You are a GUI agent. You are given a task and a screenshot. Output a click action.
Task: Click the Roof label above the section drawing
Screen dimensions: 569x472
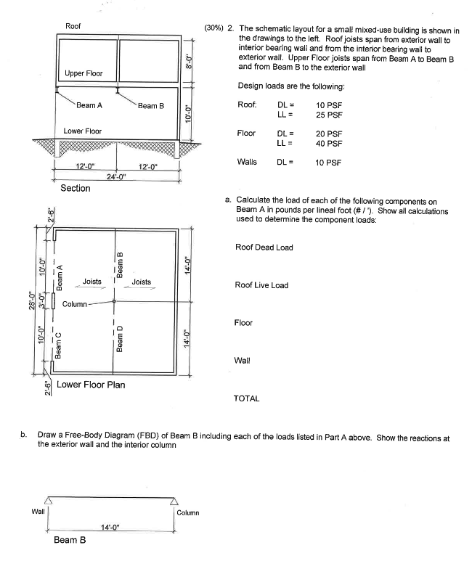[x=73, y=26]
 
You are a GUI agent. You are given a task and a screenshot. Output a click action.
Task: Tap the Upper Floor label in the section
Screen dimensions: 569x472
[x=84, y=73]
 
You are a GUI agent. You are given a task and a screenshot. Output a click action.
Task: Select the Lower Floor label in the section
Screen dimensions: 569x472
[x=83, y=131]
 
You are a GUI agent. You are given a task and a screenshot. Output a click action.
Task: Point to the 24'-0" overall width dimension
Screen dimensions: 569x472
[x=117, y=176]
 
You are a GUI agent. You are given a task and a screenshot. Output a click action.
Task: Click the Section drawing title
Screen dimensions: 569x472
[x=76, y=189]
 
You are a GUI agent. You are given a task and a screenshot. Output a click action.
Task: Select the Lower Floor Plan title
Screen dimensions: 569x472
[x=91, y=385]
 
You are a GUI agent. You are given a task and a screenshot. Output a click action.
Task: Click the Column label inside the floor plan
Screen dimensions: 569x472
[x=75, y=303]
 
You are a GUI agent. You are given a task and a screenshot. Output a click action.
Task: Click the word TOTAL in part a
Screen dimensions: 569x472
[x=246, y=398]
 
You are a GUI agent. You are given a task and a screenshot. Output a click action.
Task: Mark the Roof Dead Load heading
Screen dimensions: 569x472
[x=264, y=247]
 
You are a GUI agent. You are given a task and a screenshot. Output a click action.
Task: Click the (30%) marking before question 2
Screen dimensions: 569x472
[x=216, y=27]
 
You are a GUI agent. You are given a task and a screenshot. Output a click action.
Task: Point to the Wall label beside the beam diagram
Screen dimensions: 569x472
[x=38, y=512]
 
